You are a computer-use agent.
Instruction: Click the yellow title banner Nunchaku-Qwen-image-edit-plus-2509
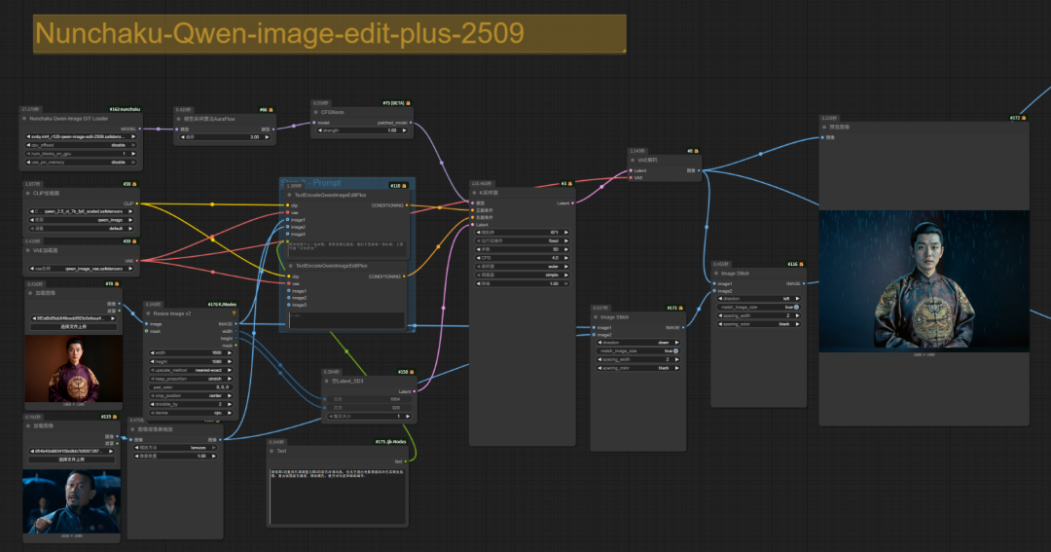[x=329, y=34]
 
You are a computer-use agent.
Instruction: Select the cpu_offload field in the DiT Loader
[x=80, y=145]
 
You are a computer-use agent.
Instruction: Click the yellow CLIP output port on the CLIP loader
[x=139, y=203]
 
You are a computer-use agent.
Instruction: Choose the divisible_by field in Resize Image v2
[x=191, y=405]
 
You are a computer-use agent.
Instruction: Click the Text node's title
[x=282, y=452]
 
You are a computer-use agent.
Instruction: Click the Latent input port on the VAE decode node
[x=634, y=170]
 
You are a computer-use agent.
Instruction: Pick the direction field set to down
[x=636, y=343]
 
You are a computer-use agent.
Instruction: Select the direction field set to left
[x=758, y=298]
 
